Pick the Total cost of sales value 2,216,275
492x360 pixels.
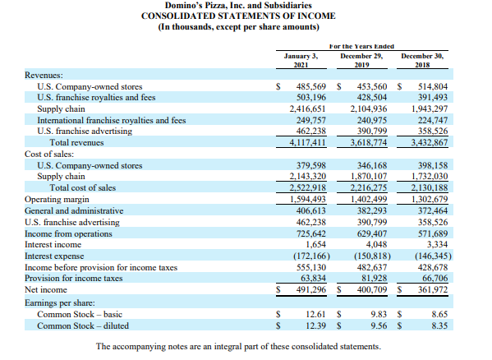[x=368, y=187]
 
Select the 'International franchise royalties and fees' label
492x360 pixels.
[x=112, y=119]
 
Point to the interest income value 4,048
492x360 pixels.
[x=374, y=244]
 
